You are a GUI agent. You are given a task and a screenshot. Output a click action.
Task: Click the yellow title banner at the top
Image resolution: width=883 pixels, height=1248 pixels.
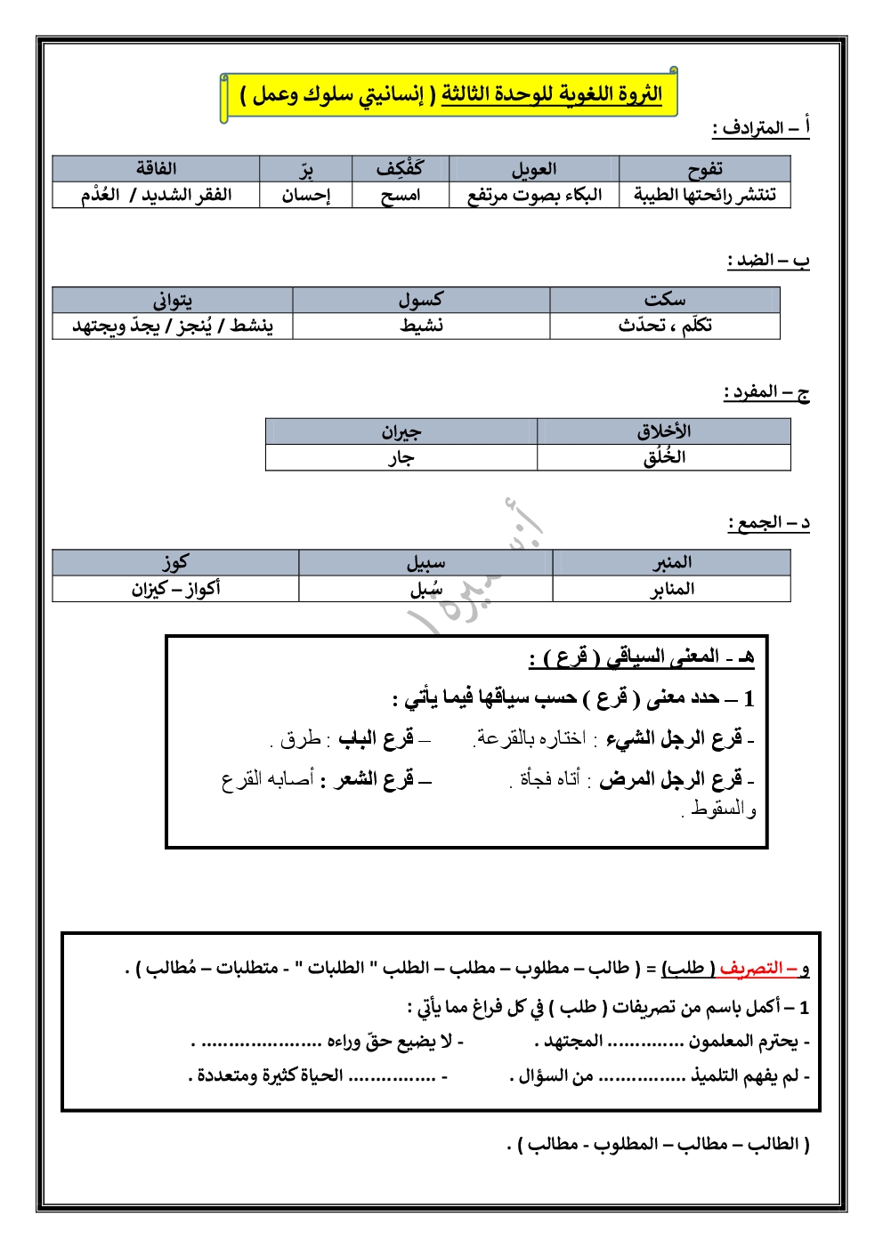point(450,95)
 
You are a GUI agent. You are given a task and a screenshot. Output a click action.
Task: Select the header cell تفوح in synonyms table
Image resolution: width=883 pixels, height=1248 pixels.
point(704,169)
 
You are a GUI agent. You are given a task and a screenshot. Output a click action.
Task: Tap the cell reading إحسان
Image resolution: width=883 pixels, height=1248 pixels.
point(305,195)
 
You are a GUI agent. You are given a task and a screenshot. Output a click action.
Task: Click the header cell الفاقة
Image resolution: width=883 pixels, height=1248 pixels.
point(156,169)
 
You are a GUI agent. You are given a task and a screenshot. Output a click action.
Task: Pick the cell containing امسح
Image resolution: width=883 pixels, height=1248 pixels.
point(401,195)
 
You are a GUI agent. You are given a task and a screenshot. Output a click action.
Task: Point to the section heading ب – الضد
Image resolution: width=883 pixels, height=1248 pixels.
point(768,261)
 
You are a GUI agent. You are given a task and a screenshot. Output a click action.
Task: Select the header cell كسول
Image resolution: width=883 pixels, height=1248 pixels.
point(420,300)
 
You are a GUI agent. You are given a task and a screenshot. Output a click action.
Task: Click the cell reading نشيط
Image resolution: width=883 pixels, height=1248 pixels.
point(421,326)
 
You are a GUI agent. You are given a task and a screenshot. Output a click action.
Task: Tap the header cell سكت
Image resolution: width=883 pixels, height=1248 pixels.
point(664,300)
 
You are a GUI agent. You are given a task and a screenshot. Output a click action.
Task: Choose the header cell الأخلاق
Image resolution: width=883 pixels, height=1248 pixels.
point(663,431)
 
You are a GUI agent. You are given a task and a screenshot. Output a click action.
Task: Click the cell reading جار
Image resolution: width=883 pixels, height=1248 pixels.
point(401,458)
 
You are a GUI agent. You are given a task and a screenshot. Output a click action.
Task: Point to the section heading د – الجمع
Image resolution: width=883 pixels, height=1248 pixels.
point(769,523)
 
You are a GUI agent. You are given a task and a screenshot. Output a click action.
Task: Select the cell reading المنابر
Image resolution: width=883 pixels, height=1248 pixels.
point(671,589)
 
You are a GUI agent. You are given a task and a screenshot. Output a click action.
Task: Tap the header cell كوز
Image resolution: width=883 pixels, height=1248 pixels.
point(174,562)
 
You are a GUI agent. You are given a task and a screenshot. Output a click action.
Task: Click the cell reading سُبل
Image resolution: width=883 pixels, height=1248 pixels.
point(425,589)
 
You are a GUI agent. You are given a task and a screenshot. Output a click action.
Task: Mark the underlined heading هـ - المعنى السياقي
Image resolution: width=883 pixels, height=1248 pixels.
point(642,657)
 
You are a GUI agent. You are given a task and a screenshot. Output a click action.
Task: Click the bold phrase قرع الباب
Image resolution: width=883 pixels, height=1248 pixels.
point(376,738)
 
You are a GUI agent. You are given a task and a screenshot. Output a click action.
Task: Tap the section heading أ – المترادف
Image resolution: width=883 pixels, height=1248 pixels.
point(761,128)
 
